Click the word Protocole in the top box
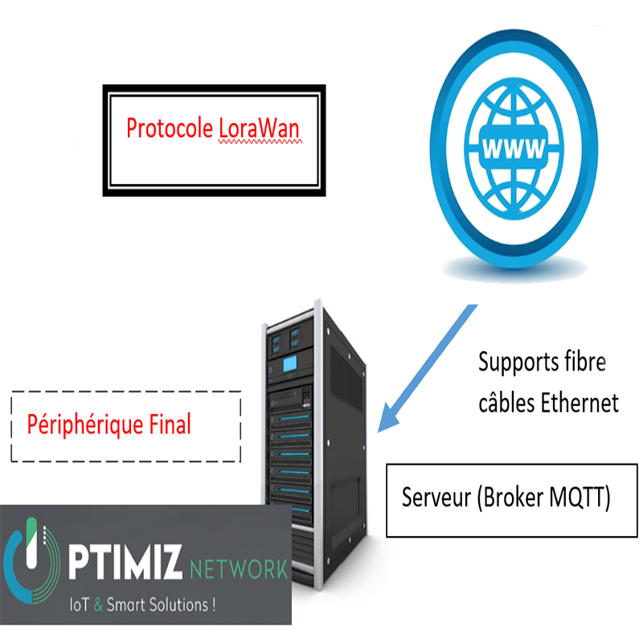(x=170, y=129)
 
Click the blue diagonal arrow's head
(x=389, y=419)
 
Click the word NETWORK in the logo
(x=239, y=571)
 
